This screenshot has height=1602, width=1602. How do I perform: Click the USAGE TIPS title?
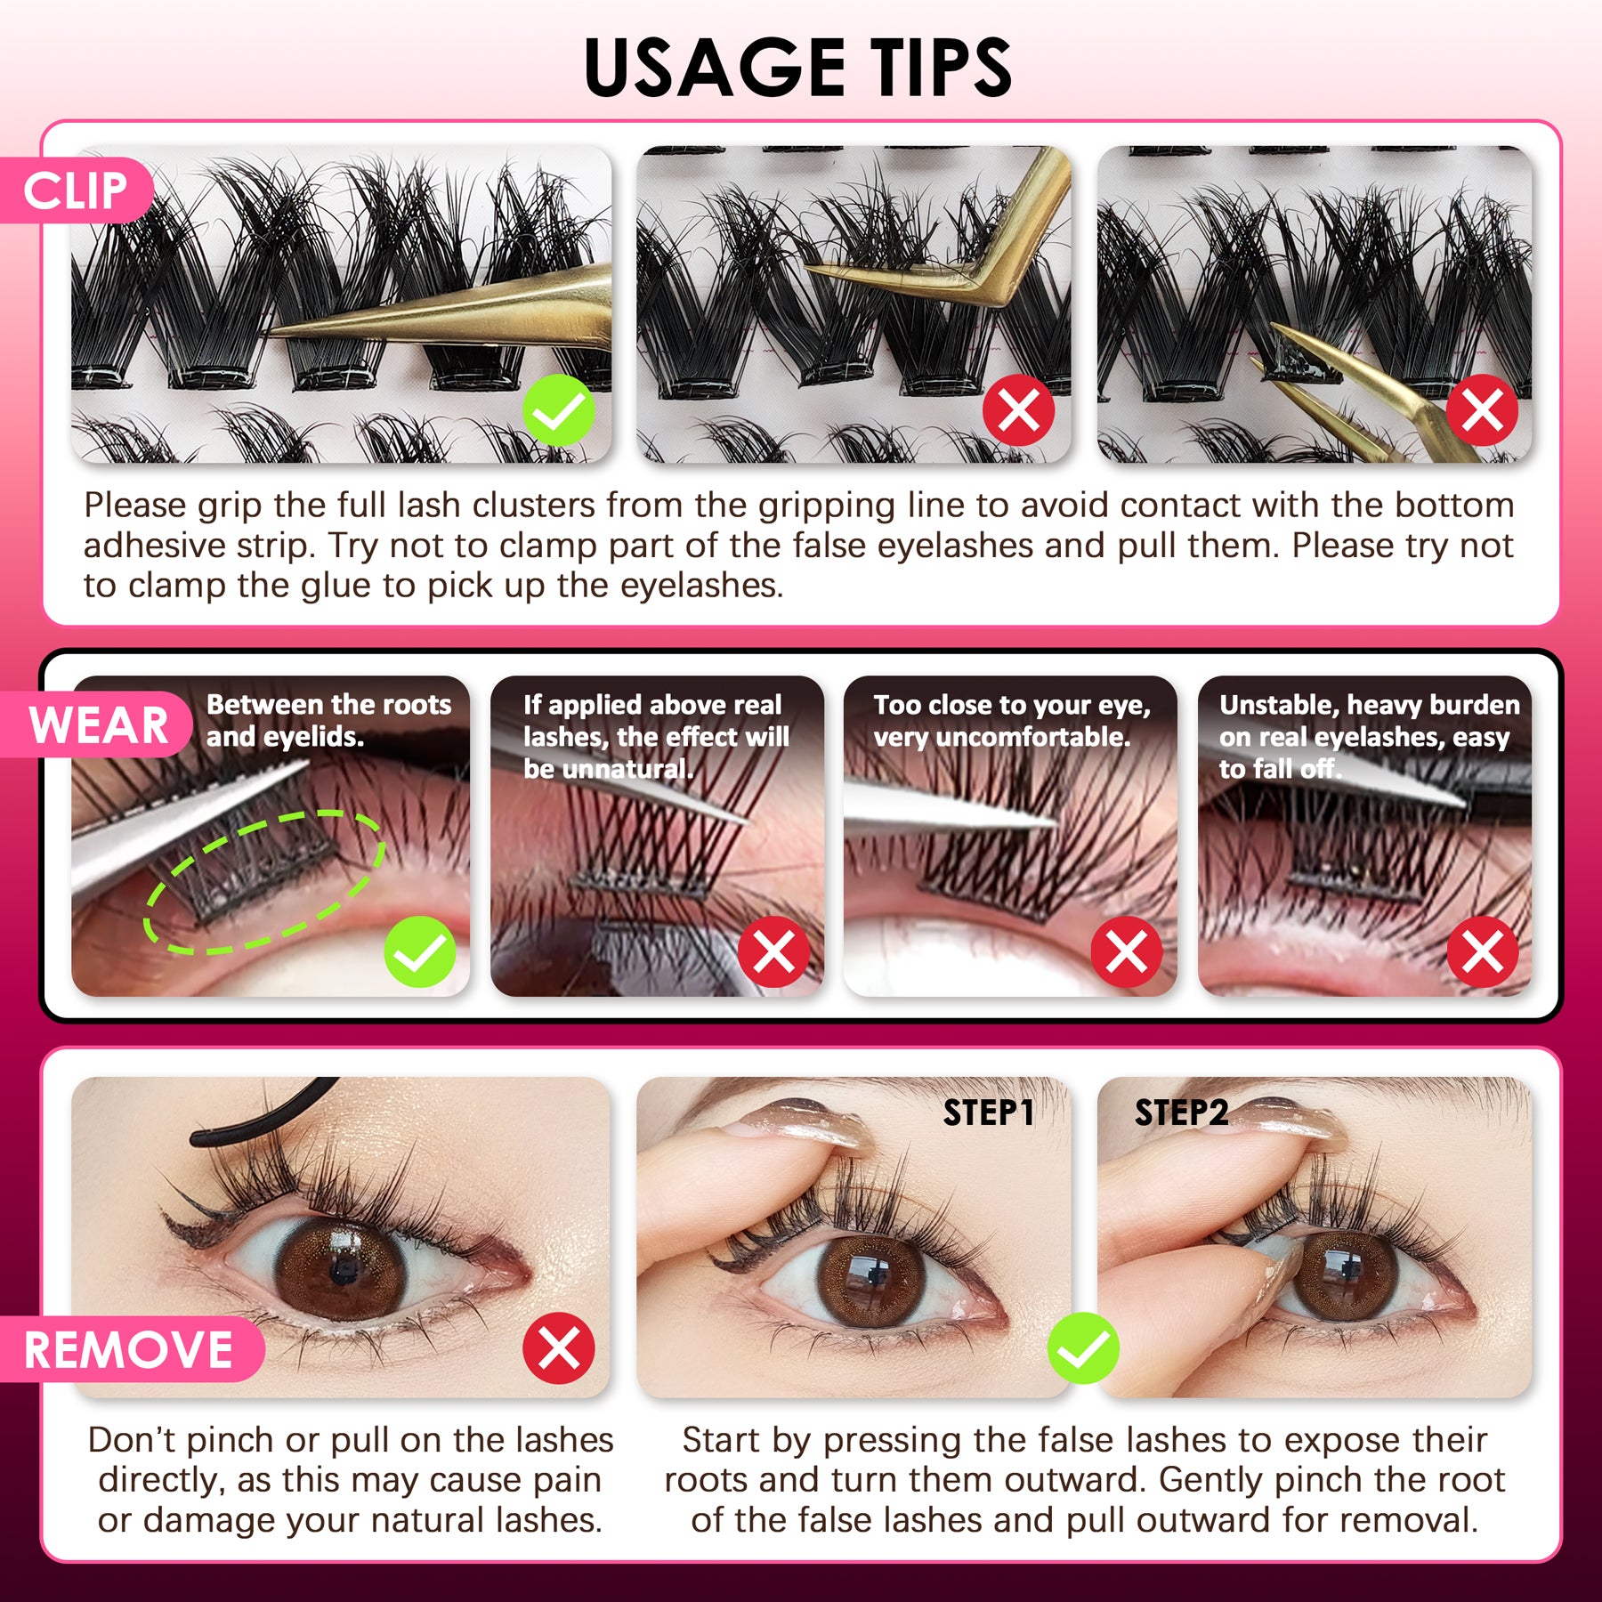[x=798, y=68]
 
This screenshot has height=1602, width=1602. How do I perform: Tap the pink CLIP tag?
[x=76, y=190]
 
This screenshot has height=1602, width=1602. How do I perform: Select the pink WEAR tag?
[x=98, y=724]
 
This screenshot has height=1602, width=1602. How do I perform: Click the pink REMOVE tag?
[x=129, y=1349]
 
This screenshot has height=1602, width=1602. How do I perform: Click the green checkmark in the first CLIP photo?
[x=558, y=410]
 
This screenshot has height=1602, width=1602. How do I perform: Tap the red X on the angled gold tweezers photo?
[x=1018, y=410]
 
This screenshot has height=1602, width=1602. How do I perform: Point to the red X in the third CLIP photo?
[x=1482, y=410]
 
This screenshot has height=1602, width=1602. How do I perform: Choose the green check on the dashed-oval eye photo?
[x=420, y=951]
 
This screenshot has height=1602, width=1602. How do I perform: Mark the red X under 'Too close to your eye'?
[x=1127, y=951]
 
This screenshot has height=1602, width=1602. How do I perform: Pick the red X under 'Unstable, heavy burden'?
[x=1482, y=951]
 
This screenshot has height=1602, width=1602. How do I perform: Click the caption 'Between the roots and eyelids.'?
[x=328, y=721]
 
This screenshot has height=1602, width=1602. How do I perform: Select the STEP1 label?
[x=988, y=1112]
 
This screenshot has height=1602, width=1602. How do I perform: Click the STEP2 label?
[x=1181, y=1112]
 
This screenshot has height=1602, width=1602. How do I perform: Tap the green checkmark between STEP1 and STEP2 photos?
[x=1083, y=1348]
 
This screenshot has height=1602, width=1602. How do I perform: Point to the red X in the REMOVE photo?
[x=559, y=1347]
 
